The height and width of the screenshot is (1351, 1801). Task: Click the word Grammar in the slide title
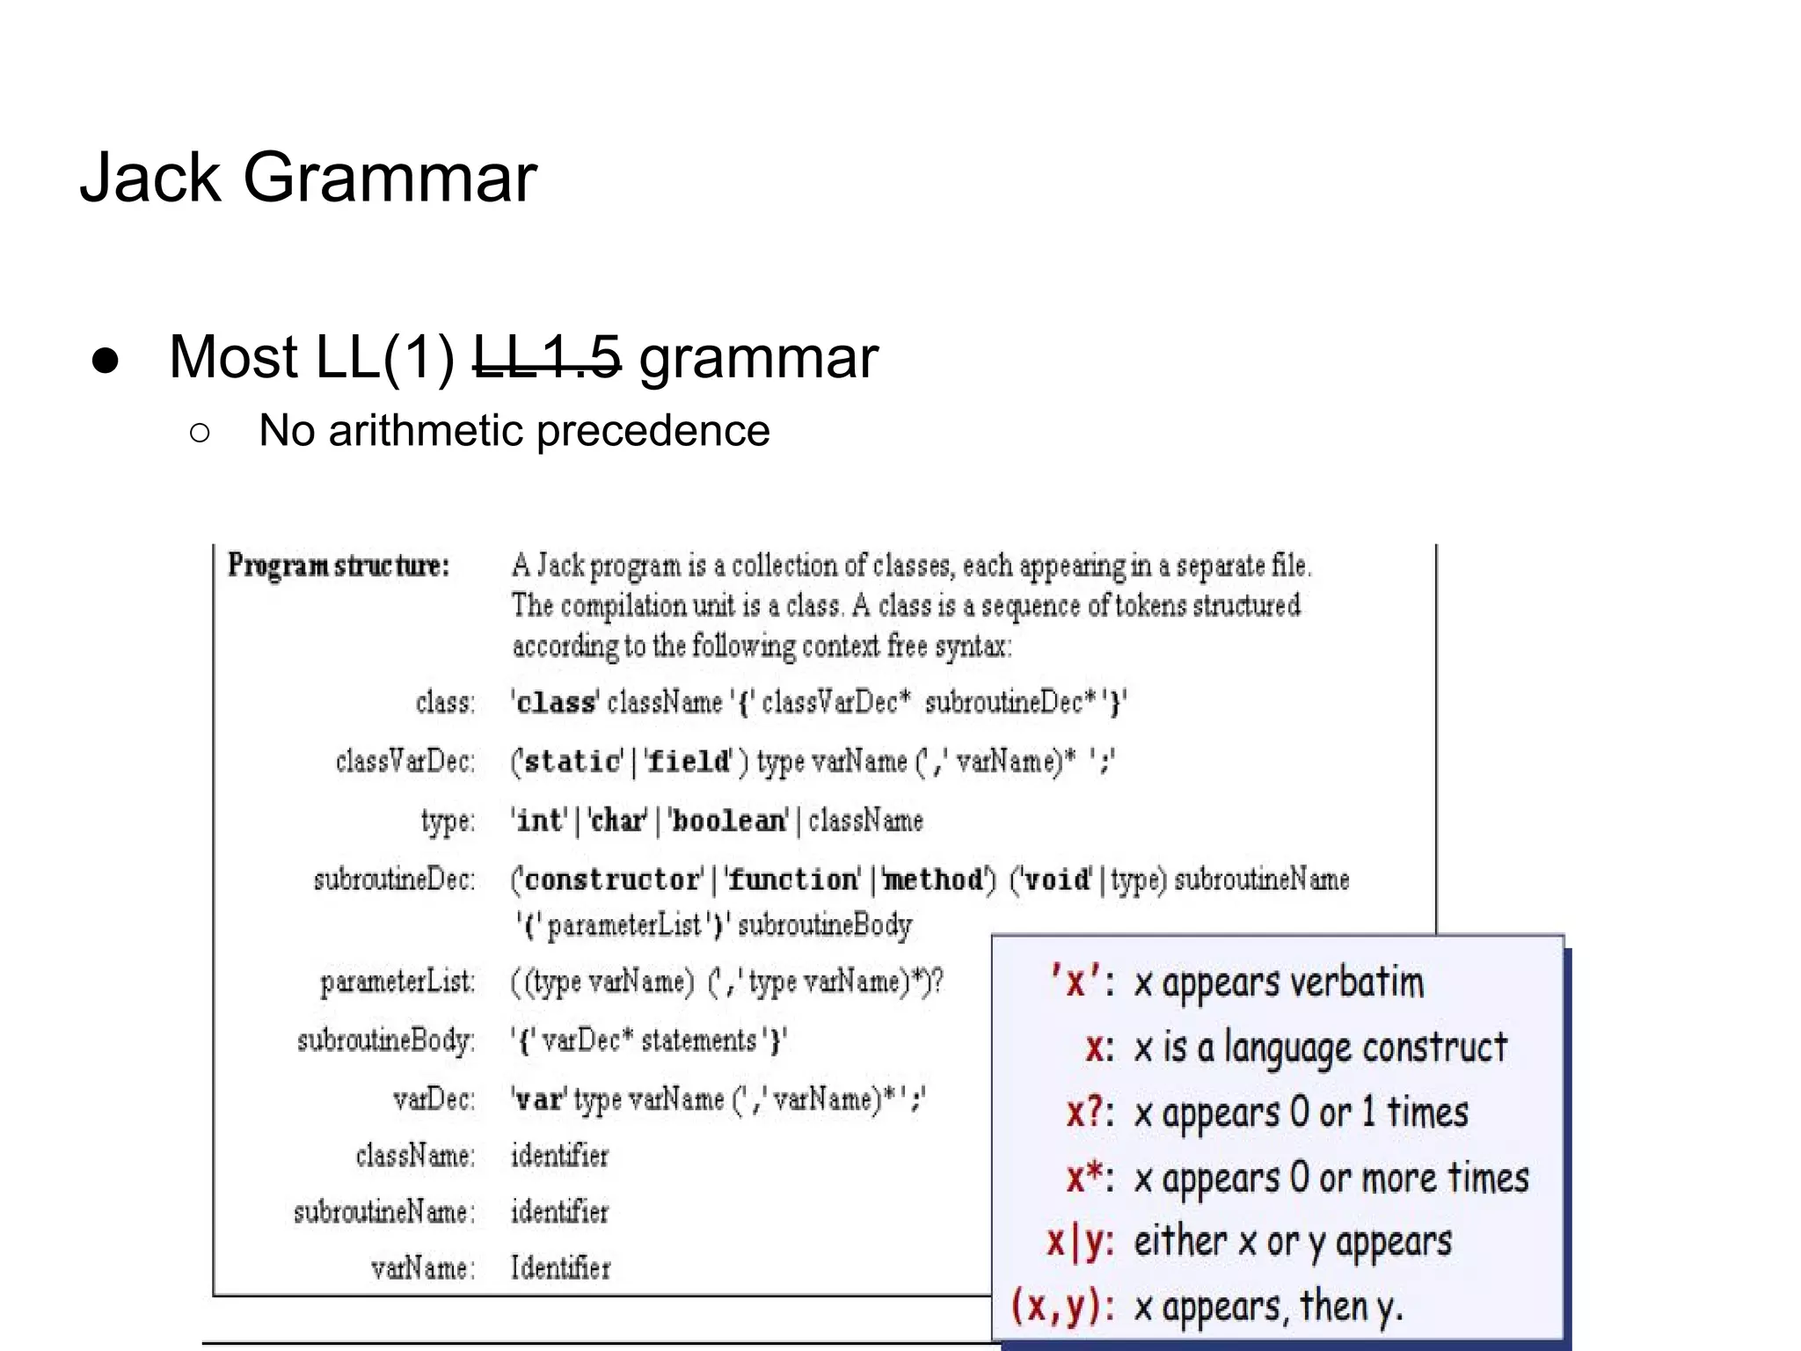389,178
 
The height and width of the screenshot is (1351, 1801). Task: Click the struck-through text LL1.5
547,357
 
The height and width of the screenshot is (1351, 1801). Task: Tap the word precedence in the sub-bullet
653,431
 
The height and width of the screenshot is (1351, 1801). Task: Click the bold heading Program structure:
339,566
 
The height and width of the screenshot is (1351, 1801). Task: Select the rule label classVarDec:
405,761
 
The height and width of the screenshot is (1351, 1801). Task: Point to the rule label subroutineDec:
394,879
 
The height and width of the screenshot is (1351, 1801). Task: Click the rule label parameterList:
397,982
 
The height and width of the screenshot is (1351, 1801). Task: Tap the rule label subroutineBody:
386,1041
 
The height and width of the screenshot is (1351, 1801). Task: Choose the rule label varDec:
434,1099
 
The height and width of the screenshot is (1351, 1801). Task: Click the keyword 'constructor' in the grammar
613,879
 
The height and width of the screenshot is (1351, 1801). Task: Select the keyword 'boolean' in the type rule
728,821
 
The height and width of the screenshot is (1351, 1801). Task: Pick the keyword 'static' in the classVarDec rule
572,761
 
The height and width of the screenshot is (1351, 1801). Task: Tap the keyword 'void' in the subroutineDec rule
1055,879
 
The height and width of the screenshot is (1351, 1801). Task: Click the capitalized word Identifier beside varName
560,1267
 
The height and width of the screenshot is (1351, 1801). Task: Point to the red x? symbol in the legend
1089,1113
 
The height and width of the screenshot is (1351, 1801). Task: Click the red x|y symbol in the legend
1079,1242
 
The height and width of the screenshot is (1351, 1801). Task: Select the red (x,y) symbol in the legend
1061,1306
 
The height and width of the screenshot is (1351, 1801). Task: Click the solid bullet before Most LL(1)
106,360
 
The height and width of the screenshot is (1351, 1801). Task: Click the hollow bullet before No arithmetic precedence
200,432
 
